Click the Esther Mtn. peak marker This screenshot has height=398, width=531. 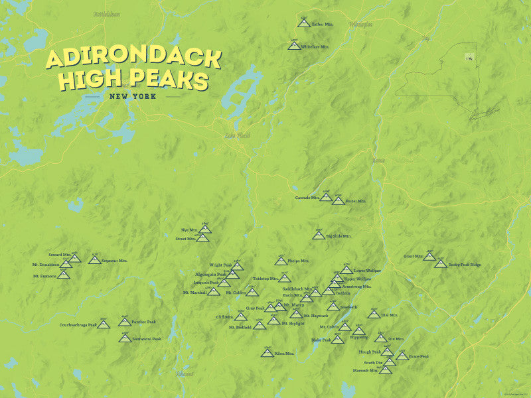click(x=303, y=24)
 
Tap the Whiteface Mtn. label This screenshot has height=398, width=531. click(x=316, y=47)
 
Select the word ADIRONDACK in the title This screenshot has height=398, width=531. click(x=133, y=59)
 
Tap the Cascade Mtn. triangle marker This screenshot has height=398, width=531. click(x=326, y=198)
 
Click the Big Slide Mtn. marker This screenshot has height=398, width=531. click(x=319, y=235)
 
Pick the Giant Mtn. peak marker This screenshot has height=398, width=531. click(x=429, y=257)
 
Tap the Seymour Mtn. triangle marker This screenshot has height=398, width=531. click(x=95, y=260)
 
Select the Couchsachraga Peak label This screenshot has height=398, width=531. click(x=78, y=325)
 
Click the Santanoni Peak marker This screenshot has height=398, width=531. click(x=125, y=338)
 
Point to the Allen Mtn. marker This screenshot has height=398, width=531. click(x=267, y=353)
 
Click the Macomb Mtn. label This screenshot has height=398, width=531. click(x=365, y=371)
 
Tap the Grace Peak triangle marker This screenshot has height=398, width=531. click(x=402, y=356)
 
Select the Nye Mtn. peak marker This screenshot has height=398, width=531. click(x=205, y=230)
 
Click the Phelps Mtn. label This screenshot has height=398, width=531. click(x=299, y=261)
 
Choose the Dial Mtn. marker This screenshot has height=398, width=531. click(x=374, y=314)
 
